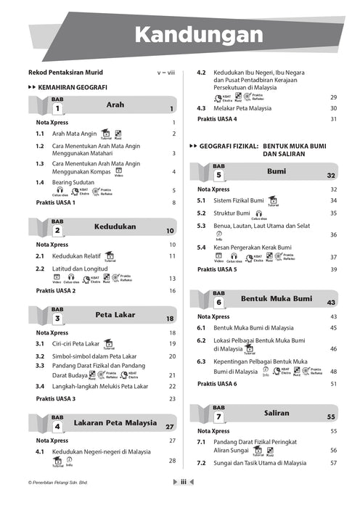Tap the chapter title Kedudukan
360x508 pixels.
[115, 226]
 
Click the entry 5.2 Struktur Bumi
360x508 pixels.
[232, 213]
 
